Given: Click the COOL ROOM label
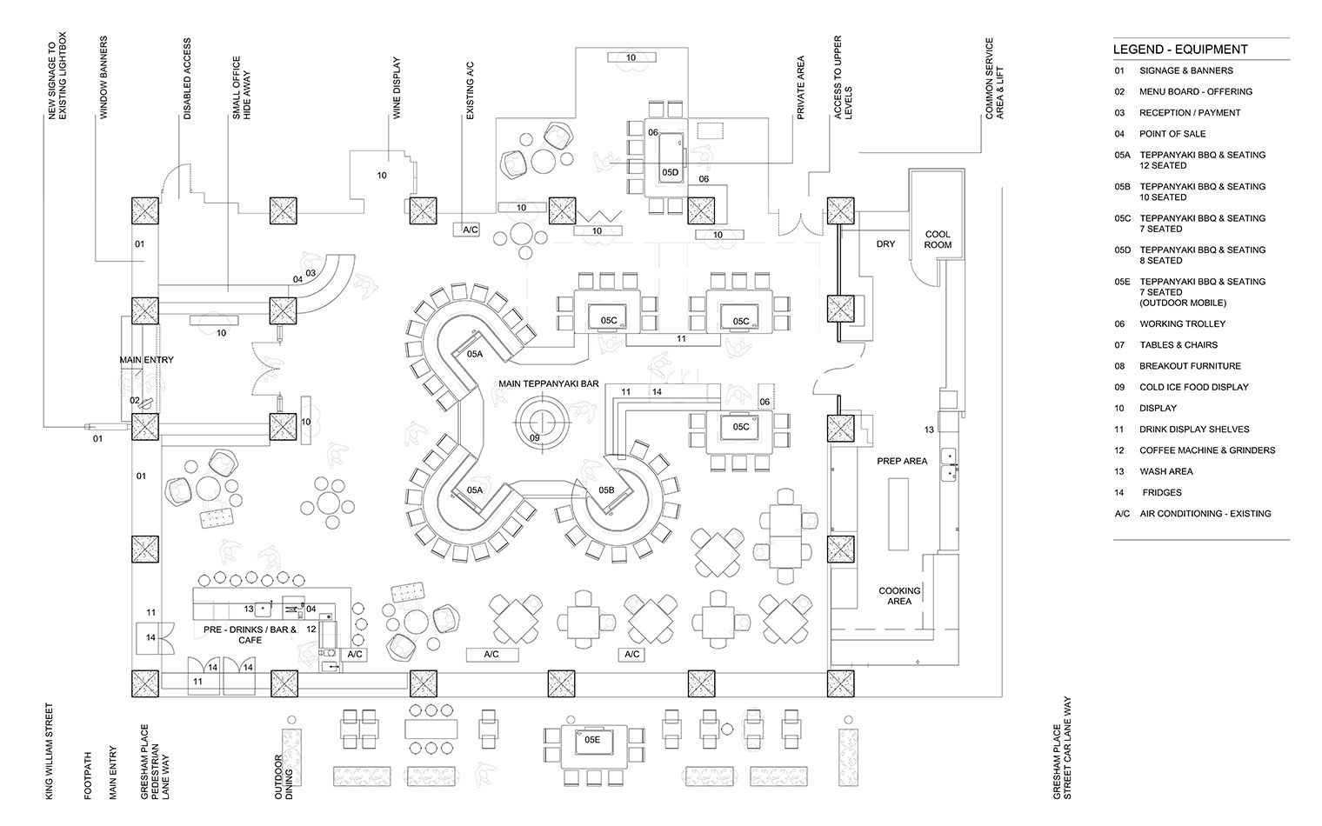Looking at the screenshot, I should pos(938,239).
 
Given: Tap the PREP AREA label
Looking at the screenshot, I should pos(902,461).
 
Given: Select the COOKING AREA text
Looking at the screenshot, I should pos(899,596).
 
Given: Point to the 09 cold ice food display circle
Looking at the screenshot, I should pos(540,424).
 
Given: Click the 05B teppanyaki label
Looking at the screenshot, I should pos(606,490).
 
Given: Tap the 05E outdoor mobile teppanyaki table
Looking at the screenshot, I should pos(592,741).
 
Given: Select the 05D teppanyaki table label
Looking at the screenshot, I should pos(669,172).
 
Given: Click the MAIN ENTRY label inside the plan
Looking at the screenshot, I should pos(146,360).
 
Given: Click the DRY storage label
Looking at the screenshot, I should pos(885,244).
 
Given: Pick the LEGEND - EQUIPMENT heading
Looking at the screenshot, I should pos(1180,50).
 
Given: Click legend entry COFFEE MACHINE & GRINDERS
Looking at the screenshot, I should pos(1207,450).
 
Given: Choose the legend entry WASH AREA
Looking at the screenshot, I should pos(1166,471).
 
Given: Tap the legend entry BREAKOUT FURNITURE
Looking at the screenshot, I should pos(1190,366).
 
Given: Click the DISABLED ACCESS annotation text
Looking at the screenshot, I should pos(187,78).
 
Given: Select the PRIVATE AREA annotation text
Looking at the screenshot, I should pos(800,87).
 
